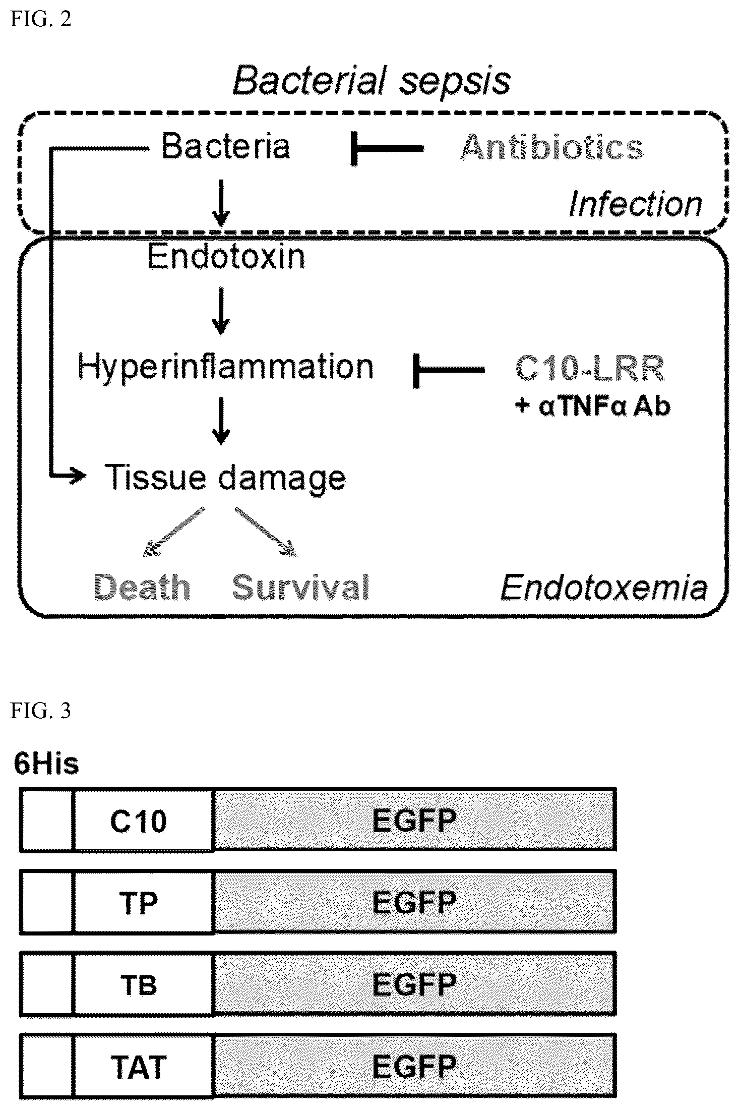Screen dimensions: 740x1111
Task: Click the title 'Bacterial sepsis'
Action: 372,81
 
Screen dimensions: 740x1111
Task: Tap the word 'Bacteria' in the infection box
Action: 225,146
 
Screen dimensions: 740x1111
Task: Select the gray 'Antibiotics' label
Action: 552,147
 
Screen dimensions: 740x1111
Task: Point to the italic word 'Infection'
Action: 635,204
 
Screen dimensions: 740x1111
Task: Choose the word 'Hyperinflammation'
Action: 225,366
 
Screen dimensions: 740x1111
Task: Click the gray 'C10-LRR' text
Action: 590,368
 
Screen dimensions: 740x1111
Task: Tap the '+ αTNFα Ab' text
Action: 593,406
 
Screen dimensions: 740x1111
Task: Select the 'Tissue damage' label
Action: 225,478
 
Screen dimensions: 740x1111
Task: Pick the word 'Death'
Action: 142,587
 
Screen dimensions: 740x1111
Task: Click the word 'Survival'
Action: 300,587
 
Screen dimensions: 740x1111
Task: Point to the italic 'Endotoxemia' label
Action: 604,588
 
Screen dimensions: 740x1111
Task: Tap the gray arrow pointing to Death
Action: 174,532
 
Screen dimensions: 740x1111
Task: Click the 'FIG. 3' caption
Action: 40,711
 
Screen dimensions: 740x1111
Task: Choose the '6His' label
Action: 46,764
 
